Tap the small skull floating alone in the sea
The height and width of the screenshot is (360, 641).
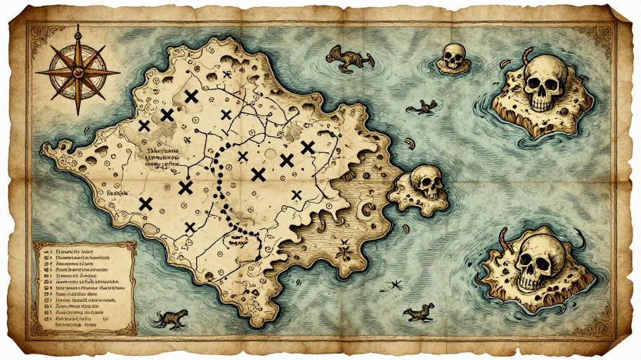[x=453, y=57]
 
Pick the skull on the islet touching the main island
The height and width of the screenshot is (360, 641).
[x=427, y=182]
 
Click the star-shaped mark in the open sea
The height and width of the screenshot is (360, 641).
[x=393, y=285]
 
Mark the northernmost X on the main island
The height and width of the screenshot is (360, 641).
[x=190, y=97]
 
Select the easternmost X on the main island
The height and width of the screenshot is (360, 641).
[x=307, y=147]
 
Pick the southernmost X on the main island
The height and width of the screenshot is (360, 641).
[x=189, y=226]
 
